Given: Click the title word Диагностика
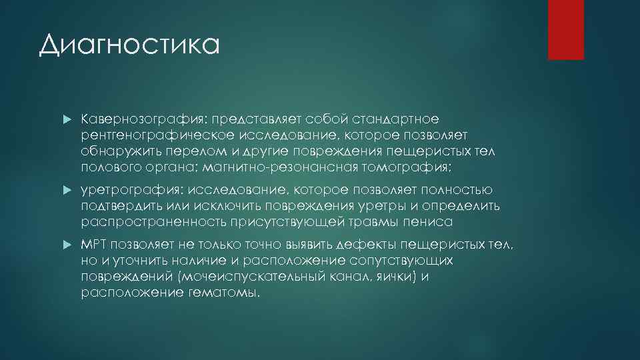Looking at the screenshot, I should coord(129,46).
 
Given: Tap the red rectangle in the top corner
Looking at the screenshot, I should coord(565,29).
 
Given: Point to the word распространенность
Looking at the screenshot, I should coord(156,223).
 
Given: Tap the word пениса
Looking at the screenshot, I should coord(433,223).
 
